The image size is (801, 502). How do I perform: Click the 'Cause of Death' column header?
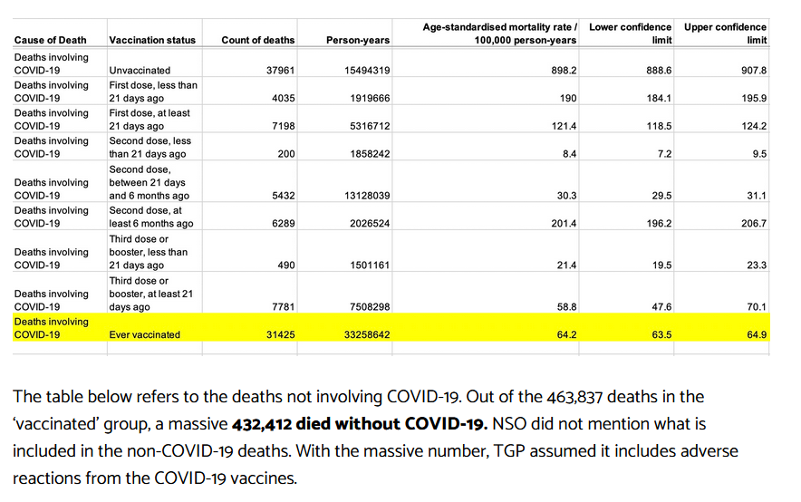point(51,40)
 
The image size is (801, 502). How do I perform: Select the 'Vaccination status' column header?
point(152,40)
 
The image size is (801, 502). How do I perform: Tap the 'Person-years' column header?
point(358,40)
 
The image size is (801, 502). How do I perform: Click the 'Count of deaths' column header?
point(258,40)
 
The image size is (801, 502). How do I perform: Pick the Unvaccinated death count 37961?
point(281,71)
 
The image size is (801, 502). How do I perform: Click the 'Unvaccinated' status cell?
point(140,71)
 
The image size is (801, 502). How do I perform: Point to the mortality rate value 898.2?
point(564,71)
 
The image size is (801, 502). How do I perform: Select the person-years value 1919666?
point(370,98)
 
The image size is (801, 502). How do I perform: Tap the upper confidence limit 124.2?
point(754,126)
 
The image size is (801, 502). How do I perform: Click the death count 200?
point(286,154)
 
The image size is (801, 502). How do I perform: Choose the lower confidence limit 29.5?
point(661,196)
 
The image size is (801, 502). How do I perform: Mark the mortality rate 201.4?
point(564,223)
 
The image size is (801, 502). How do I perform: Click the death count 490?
point(286,265)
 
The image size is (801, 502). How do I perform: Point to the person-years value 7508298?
point(370,307)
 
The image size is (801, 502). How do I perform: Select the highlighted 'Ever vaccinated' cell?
point(145,335)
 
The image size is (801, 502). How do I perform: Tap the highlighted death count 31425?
point(281,335)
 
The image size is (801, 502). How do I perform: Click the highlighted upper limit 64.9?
point(757,335)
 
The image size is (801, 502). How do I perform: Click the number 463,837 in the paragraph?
point(574,397)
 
